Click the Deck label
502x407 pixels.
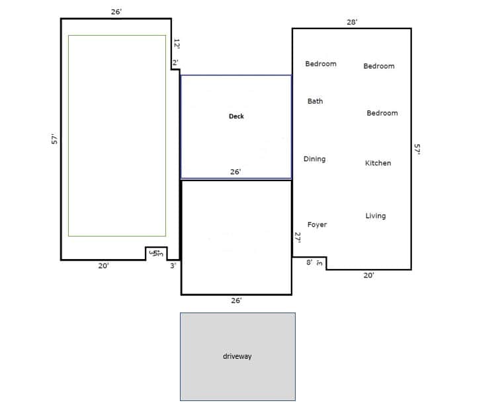tap(236, 116)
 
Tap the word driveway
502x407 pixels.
tap(237, 356)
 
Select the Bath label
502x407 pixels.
tap(315, 101)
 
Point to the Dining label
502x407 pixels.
tap(314, 159)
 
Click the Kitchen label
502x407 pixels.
tap(378, 163)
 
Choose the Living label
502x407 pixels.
tap(375, 216)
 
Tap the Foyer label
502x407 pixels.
tap(317, 225)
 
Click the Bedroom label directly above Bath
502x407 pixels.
tap(320, 64)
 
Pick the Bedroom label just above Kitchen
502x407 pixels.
tap(382, 113)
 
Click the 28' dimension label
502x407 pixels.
tap(352, 22)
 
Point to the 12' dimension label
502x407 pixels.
tap(177, 44)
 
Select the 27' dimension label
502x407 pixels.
tap(298, 238)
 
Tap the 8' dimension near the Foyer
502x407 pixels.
tap(309, 263)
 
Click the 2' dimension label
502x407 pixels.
tap(175, 63)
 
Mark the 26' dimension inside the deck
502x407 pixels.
tap(235, 172)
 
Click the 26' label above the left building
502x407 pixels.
tap(116, 12)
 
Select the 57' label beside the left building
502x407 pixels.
tap(55, 139)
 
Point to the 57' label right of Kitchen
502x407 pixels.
tap(417, 149)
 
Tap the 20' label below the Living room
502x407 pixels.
tap(368, 276)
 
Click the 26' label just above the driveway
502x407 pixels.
tap(236, 301)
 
